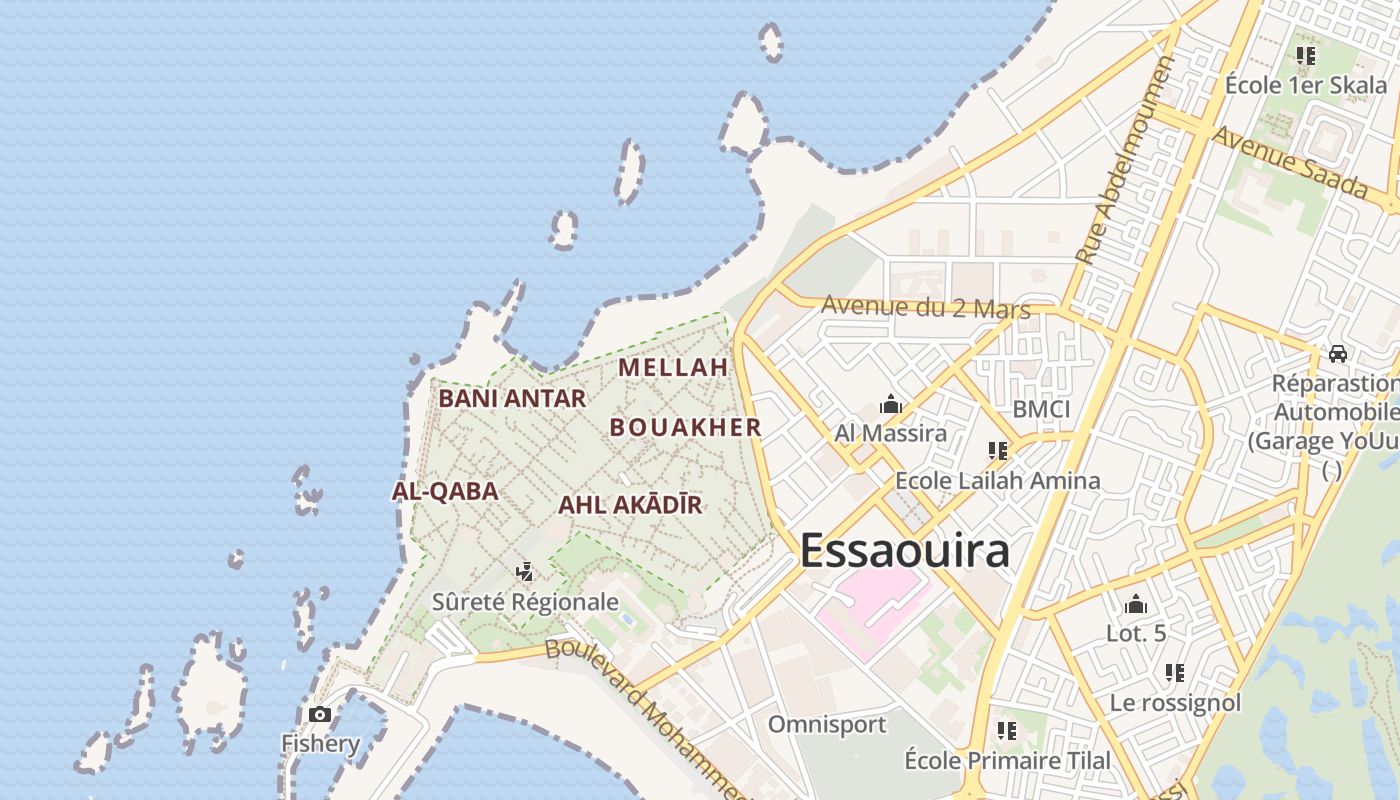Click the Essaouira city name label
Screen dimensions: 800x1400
[x=905, y=551]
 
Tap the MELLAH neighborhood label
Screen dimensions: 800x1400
[x=673, y=367]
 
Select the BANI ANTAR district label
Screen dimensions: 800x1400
[x=512, y=398]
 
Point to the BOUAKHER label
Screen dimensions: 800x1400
[x=686, y=427]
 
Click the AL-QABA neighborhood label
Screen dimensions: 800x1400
[x=445, y=491]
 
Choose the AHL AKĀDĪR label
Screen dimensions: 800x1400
[x=630, y=505]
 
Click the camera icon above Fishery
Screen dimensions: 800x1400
[x=320, y=714]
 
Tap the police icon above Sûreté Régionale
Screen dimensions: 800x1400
[x=524, y=572]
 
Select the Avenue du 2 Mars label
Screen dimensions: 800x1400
[x=925, y=307]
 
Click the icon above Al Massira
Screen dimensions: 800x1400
[x=890, y=405]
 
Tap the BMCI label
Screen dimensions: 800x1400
[x=1041, y=409]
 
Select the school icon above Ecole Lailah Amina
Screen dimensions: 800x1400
[x=997, y=451]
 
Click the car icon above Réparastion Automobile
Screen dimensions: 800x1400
[x=1337, y=353]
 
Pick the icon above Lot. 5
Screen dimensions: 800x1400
[x=1136, y=604]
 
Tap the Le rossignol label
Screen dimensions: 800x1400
[x=1175, y=703]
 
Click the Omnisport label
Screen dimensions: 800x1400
[x=827, y=724]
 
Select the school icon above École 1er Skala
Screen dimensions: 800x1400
[x=1305, y=56]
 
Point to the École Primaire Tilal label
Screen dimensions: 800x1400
[x=1007, y=760]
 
